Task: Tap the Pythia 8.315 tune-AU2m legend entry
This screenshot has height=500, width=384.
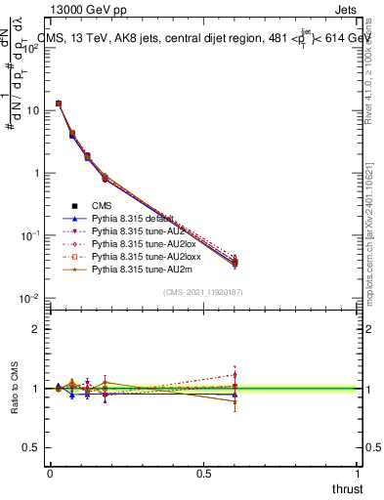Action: point(135,269)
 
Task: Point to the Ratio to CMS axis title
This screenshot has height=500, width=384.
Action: point(15,389)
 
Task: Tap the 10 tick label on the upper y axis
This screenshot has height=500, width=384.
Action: point(31,110)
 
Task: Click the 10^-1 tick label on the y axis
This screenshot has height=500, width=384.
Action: point(29,235)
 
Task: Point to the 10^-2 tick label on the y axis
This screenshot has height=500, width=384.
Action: point(29,298)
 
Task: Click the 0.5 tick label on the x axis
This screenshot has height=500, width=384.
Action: point(204,472)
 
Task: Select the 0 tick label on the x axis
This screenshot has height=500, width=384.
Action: point(50,472)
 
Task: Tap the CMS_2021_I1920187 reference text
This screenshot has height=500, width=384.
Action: point(203,292)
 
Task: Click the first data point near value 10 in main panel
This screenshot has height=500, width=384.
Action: point(59,104)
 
